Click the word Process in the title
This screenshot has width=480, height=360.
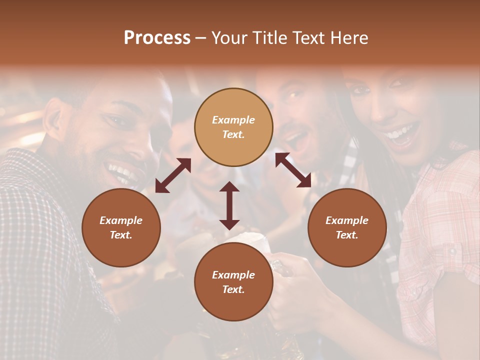pyautogui.click(x=157, y=38)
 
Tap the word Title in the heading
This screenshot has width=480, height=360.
pyautogui.click(x=265, y=38)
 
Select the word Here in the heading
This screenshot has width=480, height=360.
pyautogui.click(x=349, y=38)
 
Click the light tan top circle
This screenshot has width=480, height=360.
pyautogui.click(x=233, y=127)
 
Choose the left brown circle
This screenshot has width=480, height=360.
pyautogui.click(x=121, y=227)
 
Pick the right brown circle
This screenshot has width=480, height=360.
pyautogui.click(x=347, y=227)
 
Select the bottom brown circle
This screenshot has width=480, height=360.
pyautogui.click(x=233, y=282)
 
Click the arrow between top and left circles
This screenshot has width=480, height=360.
pyautogui.click(x=173, y=175)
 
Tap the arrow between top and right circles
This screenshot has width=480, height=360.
pyautogui.click(x=293, y=170)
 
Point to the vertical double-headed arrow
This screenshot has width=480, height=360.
pyautogui.click(x=229, y=205)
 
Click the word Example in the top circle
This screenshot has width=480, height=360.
pyautogui.click(x=233, y=120)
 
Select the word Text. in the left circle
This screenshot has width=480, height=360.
pyautogui.click(x=121, y=235)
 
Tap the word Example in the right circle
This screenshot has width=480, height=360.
pyautogui.click(x=347, y=220)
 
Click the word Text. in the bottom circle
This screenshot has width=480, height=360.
pyautogui.click(x=233, y=289)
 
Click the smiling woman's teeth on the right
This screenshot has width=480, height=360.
pyautogui.click(x=403, y=133)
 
